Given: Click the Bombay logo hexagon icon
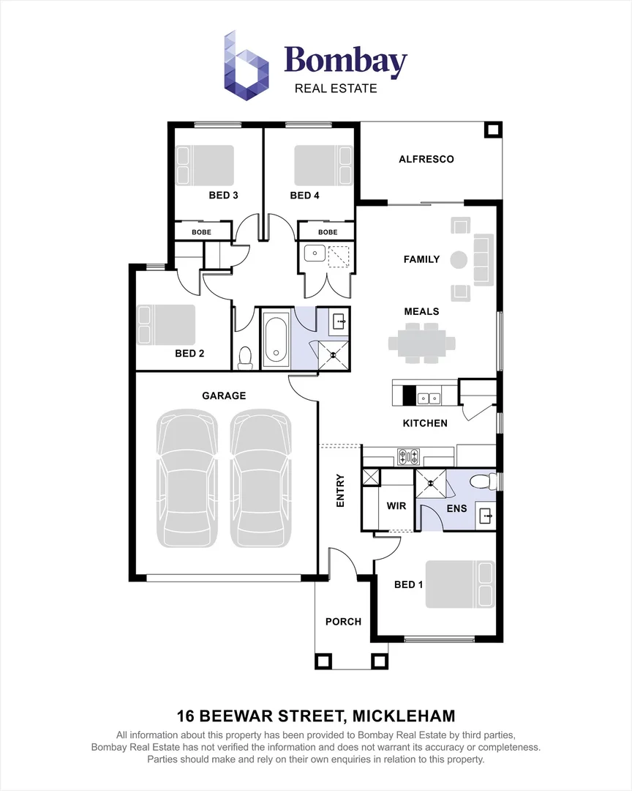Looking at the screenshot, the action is (x=246, y=66).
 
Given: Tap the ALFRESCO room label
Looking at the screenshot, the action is (x=426, y=160).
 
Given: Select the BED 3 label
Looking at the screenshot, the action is (x=223, y=196).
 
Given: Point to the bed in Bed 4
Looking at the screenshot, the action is (x=323, y=165).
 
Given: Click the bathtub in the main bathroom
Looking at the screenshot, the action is (x=276, y=338).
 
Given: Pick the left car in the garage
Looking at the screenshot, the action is (x=187, y=478).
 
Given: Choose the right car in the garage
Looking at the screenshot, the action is (x=261, y=478).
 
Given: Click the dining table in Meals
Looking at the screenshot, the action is (x=422, y=343).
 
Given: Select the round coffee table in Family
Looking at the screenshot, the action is (x=458, y=260).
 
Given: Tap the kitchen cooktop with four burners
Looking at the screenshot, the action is (x=408, y=456).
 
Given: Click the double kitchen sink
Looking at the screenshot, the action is (x=429, y=399).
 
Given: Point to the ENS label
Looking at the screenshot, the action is (x=456, y=508).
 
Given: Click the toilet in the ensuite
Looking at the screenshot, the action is (x=482, y=482).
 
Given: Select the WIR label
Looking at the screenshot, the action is (x=396, y=506).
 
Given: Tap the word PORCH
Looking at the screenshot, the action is (x=343, y=622).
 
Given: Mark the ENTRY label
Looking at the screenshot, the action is (x=340, y=490).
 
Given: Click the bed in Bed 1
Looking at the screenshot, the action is (x=460, y=584).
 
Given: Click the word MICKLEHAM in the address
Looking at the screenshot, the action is (x=404, y=716).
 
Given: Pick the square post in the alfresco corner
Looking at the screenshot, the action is (x=493, y=130).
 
